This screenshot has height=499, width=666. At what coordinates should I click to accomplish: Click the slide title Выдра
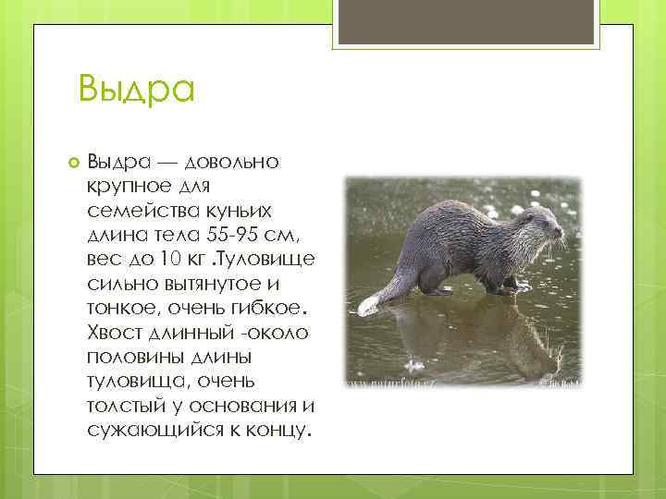pyautogui.click(x=136, y=89)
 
